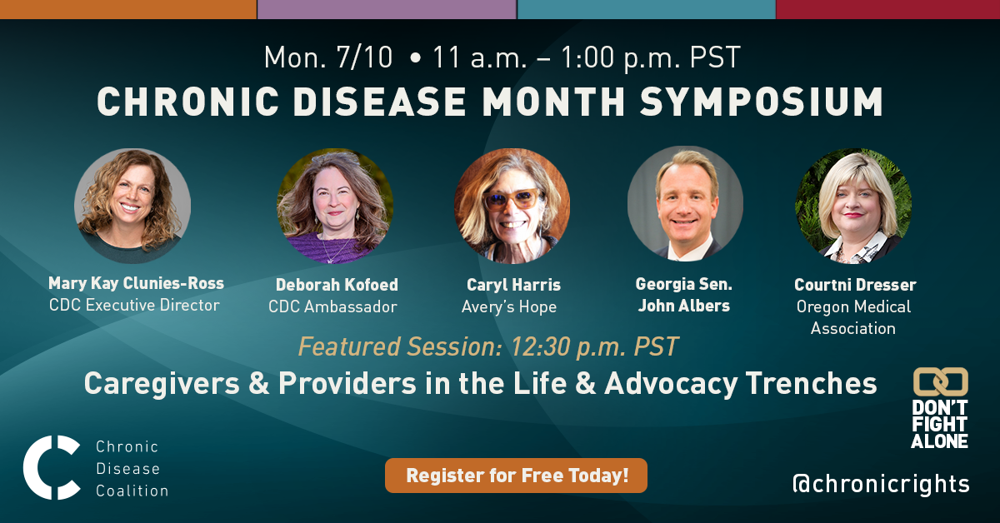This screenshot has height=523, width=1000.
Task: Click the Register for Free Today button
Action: (x=516, y=476)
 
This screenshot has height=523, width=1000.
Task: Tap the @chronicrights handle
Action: (x=881, y=484)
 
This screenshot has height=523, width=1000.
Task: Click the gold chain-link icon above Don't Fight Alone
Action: (x=941, y=381)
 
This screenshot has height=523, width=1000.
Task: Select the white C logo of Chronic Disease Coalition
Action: (x=52, y=467)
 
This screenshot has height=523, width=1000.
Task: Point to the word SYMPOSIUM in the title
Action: (x=761, y=102)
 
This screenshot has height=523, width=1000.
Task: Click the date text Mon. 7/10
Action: (x=328, y=57)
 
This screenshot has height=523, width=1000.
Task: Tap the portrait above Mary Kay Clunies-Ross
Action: (x=132, y=206)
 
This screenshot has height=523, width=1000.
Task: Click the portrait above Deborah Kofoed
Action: (x=335, y=206)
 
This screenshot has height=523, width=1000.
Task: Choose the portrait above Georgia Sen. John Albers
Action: (x=685, y=204)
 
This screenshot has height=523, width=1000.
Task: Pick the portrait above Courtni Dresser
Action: (x=853, y=206)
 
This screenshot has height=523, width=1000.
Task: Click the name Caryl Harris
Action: (x=513, y=285)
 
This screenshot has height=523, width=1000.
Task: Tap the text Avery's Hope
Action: (x=509, y=307)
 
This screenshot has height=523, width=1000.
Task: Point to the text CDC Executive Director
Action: (x=134, y=306)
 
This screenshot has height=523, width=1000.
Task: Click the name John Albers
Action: (x=684, y=306)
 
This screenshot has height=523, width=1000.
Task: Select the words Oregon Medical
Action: (x=853, y=306)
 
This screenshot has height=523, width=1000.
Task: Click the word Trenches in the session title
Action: (x=811, y=383)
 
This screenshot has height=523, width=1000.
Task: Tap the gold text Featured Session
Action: (x=399, y=346)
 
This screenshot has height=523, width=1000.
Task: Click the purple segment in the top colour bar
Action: (x=387, y=9)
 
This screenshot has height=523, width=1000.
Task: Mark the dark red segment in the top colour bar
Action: (x=888, y=9)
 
